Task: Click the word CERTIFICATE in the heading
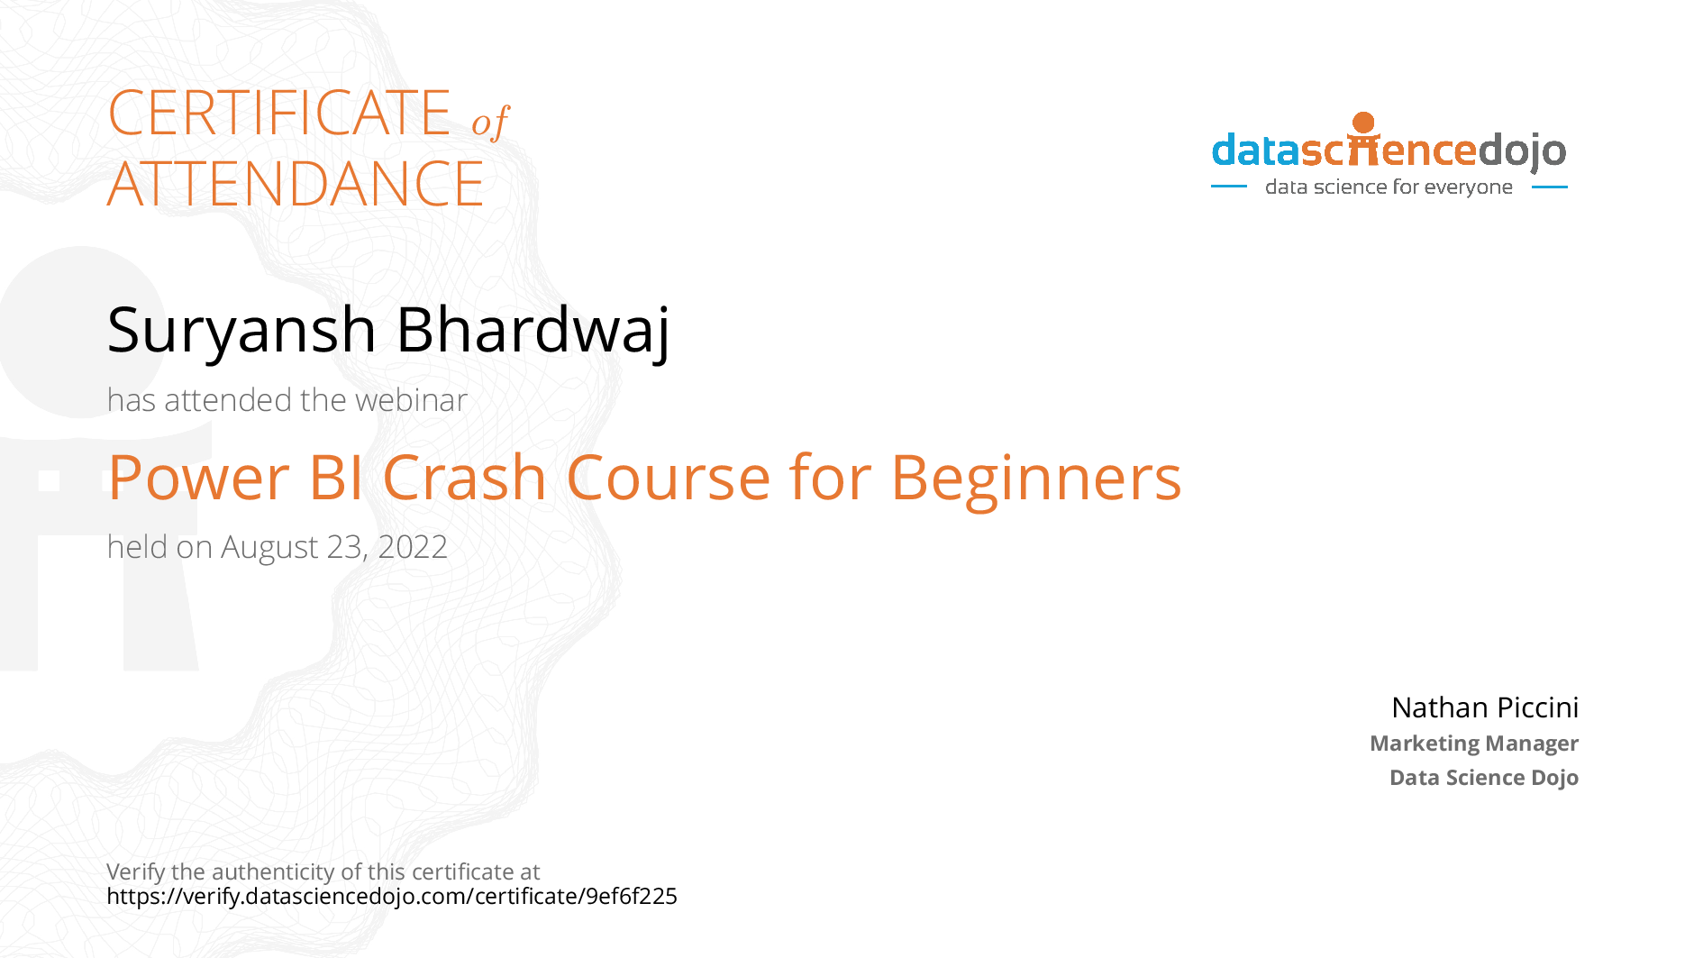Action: point(279,113)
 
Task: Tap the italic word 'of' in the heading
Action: point(490,122)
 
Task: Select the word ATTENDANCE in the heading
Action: point(296,184)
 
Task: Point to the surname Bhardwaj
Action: point(533,331)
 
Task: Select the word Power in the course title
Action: point(199,477)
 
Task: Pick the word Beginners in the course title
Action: point(1036,479)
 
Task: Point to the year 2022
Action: point(413,547)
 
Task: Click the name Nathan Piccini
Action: point(1485,707)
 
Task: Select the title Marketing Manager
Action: point(1474,744)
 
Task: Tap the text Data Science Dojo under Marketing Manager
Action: point(1484,777)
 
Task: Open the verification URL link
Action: point(392,896)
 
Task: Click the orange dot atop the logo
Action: point(1363,123)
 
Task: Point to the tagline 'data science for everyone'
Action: point(1389,187)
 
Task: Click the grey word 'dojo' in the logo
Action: point(1522,151)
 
